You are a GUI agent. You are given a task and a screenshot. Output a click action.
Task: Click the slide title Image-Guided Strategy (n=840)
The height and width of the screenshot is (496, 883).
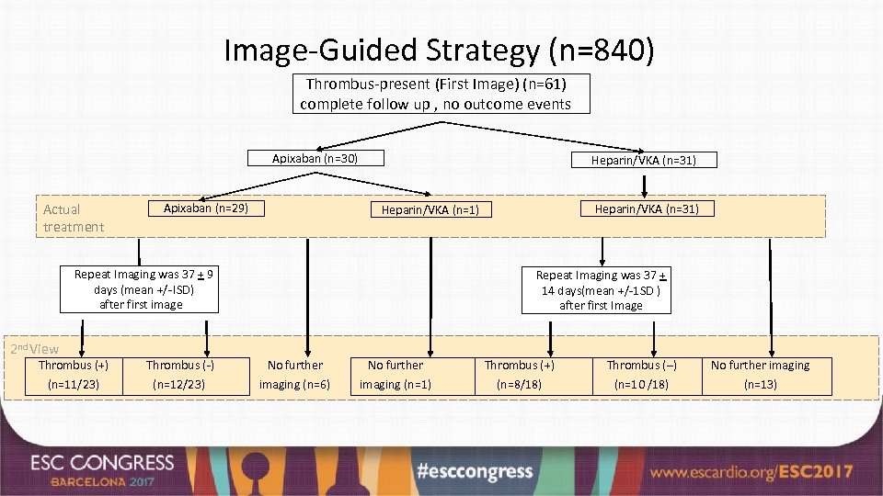tap(440, 50)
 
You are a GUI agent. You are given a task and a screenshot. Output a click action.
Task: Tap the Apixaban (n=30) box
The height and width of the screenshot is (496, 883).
tap(315, 158)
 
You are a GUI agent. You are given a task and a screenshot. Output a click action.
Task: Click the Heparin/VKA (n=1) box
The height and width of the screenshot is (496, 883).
tap(430, 209)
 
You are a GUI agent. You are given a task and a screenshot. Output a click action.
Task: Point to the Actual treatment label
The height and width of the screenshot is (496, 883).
tap(74, 218)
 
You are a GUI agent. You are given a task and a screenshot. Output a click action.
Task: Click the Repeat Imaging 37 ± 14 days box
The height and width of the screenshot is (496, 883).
tap(601, 289)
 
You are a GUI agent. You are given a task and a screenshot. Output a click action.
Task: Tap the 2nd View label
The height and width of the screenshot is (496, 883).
tap(34, 348)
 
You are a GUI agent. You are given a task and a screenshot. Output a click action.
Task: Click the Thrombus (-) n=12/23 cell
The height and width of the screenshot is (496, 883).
tap(180, 375)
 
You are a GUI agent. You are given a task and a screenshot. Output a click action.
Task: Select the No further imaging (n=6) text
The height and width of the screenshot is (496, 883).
tap(294, 375)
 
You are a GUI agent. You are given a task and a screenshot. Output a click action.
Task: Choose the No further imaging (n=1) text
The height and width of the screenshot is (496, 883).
tap(396, 375)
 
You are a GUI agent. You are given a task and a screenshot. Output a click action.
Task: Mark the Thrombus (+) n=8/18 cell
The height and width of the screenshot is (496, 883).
tap(520, 375)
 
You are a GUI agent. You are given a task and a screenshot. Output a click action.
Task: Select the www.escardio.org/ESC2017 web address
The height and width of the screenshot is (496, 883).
tap(752, 472)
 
